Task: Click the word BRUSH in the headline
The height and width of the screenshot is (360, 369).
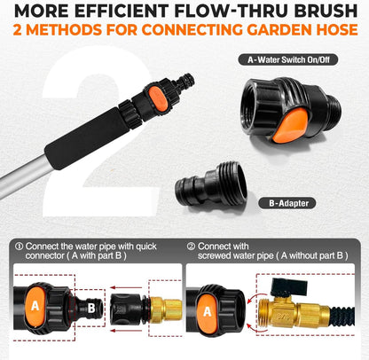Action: tap(326, 11)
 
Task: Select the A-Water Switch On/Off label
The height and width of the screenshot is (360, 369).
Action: tap(288, 60)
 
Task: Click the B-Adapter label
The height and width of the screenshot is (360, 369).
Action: tap(287, 203)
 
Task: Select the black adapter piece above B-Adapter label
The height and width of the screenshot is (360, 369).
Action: tap(211, 184)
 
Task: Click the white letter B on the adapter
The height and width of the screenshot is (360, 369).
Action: tap(91, 309)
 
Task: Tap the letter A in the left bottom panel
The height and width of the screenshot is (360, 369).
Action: tap(35, 306)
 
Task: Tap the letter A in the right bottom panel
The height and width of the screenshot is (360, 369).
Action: tap(208, 311)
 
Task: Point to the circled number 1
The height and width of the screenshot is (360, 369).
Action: tap(19, 247)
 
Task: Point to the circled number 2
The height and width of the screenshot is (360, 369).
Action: tap(191, 247)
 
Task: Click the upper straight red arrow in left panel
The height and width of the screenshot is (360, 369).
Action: tap(126, 287)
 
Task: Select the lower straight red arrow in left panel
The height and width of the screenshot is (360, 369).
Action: tap(126, 330)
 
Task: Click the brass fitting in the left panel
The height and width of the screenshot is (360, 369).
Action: tap(165, 309)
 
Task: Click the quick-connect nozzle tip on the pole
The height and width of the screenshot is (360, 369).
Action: tap(186, 82)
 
